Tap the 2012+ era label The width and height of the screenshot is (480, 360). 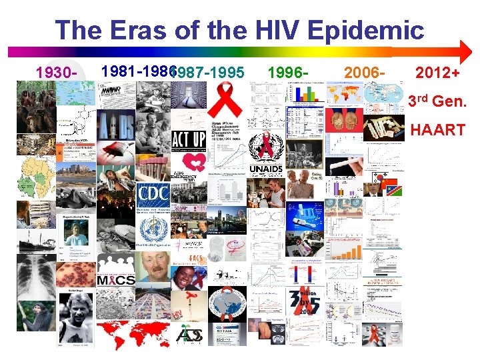point(437,71)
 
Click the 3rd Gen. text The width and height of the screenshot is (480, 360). point(435,101)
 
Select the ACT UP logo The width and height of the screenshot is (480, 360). point(188,140)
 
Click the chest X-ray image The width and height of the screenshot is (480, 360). point(36,276)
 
